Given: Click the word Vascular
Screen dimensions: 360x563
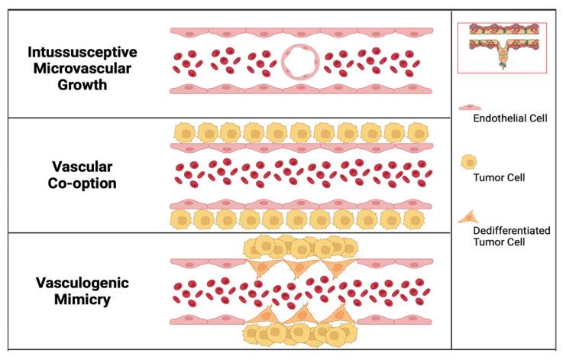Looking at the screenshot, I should [83, 166].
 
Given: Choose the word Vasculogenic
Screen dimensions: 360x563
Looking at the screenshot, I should [83, 283].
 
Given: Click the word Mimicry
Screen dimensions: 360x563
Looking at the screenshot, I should [83, 299].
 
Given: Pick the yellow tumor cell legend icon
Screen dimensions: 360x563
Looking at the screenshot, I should [470, 163].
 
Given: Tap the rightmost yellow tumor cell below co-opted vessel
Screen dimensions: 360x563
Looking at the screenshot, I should [413, 219].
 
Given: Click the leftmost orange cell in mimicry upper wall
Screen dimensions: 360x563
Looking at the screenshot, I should [260, 266].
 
